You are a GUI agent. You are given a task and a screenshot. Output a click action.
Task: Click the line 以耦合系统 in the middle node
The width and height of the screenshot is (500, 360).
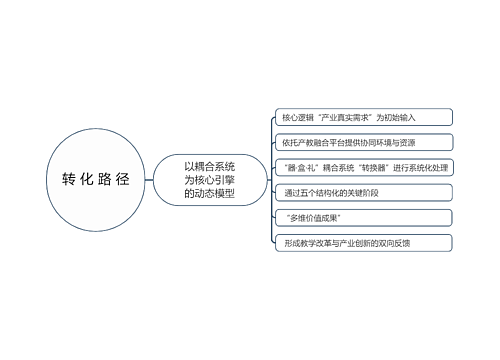click(209, 166)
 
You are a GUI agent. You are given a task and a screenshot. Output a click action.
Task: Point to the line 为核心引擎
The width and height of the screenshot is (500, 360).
click(209, 179)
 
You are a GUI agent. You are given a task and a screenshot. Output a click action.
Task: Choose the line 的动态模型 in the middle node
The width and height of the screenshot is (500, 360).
click(209, 192)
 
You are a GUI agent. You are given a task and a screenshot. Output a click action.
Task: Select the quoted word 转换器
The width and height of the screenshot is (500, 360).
click(385, 167)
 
